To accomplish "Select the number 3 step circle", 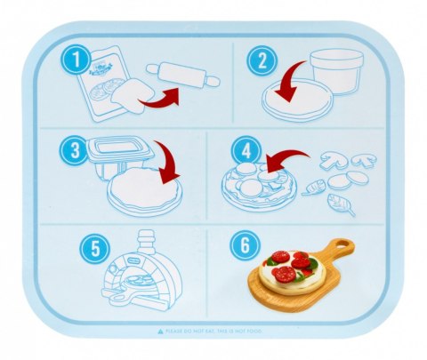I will (72, 148).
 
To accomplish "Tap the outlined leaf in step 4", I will (342, 204).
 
